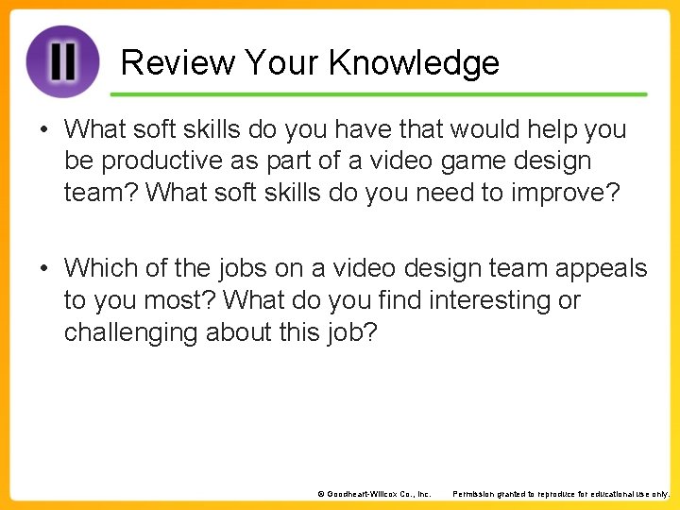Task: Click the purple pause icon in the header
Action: click(62, 61)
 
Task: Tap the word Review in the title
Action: click(178, 63)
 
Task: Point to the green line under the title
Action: click(378, 94)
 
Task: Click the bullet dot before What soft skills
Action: click(44, 129)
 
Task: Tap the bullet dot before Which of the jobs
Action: click(44, 269)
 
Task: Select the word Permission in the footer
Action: click(476, 494)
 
